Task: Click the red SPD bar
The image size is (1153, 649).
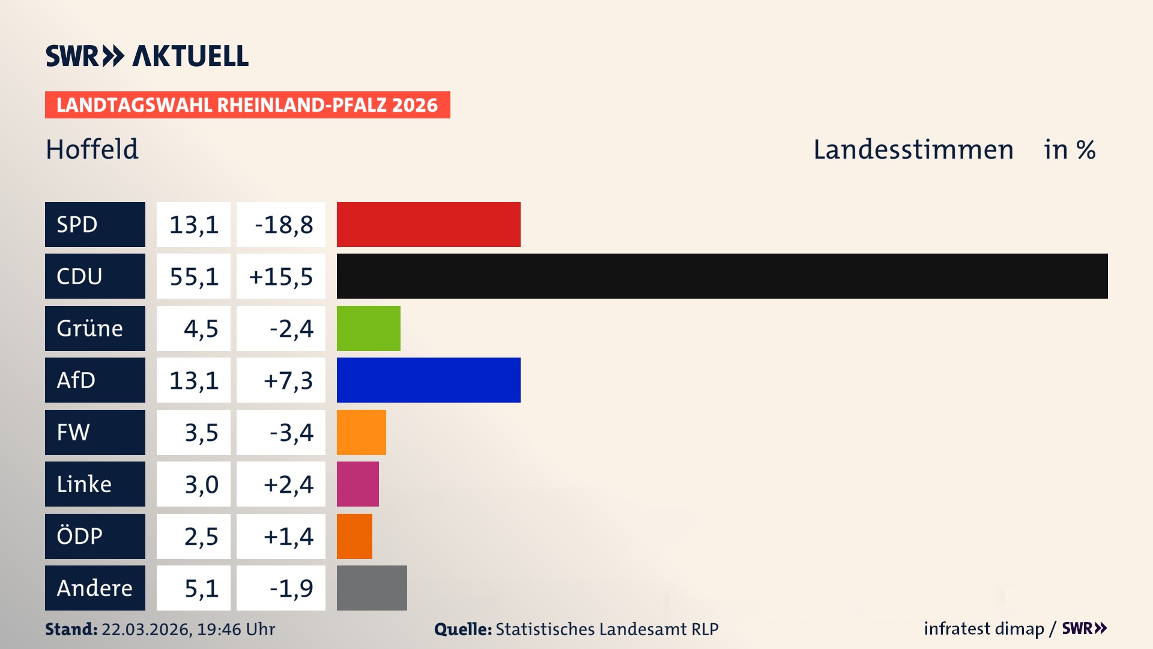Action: (428, 224)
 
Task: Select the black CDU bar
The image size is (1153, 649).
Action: (722, 276)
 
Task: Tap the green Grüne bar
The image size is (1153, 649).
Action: (368, 328)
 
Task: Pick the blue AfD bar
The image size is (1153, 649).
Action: (428, 380)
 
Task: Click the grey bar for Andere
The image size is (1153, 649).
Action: (372, 588)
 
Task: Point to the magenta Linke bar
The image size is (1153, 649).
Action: (357, 484)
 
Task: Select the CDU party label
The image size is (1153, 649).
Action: (95, 276)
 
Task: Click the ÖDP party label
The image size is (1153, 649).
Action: (95, 536)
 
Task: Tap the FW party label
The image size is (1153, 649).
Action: (95, 432)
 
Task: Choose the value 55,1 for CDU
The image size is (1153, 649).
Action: (193, 276)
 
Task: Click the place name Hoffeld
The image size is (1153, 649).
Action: (92, 149)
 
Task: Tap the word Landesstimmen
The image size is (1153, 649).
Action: (913, 150)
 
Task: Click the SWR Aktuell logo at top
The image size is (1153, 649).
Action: (147, 56)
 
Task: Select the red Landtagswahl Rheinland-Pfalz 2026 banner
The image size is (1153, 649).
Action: (247, 105)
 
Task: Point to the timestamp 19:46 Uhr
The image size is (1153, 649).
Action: (235, 629)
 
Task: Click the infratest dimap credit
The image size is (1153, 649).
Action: (983, 629)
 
